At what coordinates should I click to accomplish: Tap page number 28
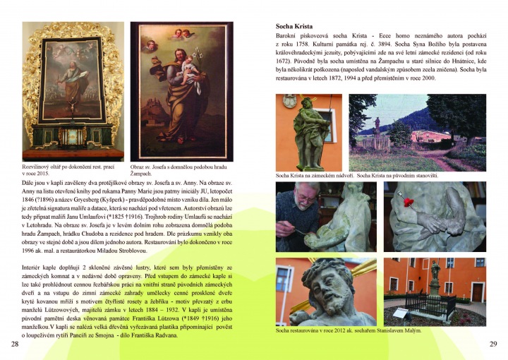(15, 344)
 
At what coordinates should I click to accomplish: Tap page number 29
(492, 344)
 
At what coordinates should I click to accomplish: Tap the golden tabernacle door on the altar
(73, 134)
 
